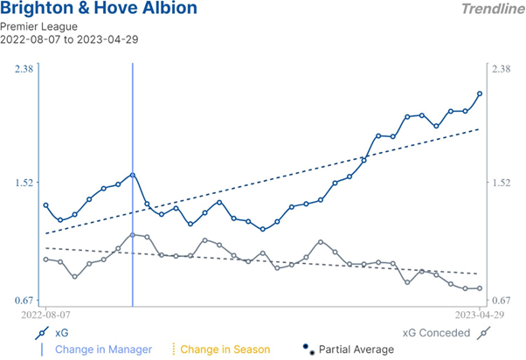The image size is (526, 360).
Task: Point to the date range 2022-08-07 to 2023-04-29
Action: [x=69, y=40]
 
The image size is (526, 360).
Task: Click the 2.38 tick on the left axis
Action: [x=24, y=69]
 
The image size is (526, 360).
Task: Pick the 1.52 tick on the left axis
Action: [x=24, y=183]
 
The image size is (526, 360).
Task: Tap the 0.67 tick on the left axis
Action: [x=24, y=300]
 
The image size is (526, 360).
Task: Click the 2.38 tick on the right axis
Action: [x=502, y=69]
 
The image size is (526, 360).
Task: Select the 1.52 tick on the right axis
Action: [x=502, y=183]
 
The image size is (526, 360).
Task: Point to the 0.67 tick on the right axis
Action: [x=502, y=300]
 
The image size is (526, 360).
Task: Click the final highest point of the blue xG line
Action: [x=480, y=93]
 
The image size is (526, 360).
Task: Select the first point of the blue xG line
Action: [x=46, y=205]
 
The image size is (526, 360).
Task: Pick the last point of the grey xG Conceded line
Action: [x=480, y=288]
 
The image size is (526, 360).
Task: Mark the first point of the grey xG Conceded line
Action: [x=46, y=260]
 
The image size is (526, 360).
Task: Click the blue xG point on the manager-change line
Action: [x=133, y=175]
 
